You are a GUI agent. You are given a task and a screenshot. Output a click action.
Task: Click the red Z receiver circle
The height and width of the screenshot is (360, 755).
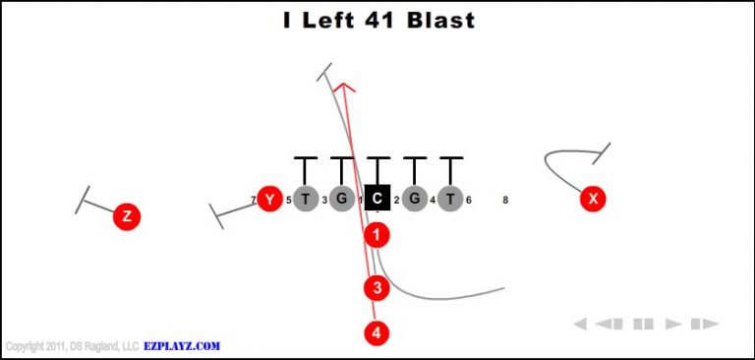[126, 216]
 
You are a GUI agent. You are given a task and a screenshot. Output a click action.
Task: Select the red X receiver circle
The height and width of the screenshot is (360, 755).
[592, 199]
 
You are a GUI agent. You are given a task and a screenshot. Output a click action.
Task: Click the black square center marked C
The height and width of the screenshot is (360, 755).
[377, 199]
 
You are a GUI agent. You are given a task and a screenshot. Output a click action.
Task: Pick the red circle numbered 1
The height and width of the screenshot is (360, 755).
[377, 235]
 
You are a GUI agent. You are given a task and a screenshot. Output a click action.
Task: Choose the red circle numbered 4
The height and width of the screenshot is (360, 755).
[377, 332]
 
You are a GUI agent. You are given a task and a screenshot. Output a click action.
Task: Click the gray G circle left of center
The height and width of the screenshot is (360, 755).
[341, 199]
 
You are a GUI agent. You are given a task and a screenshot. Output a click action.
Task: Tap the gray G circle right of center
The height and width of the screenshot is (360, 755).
[414, 199]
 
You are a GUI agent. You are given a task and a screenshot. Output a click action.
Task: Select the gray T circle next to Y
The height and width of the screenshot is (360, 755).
[305, 199]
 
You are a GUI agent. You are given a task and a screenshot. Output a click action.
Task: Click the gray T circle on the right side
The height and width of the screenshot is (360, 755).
[450, 199]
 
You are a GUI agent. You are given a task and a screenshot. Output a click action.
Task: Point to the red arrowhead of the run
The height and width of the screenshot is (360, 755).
[342, 89]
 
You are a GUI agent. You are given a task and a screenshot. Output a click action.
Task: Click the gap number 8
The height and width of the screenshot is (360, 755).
[505, 200]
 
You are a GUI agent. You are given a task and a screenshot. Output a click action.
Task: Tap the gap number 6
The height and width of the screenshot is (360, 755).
[469, 200]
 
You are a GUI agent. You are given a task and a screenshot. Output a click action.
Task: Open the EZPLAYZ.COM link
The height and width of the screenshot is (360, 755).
[182, 346]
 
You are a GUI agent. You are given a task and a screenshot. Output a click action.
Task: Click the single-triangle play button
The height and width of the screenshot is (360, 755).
[674, 324]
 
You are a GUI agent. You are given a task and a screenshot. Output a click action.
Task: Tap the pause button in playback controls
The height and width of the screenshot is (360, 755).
[643, 324]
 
